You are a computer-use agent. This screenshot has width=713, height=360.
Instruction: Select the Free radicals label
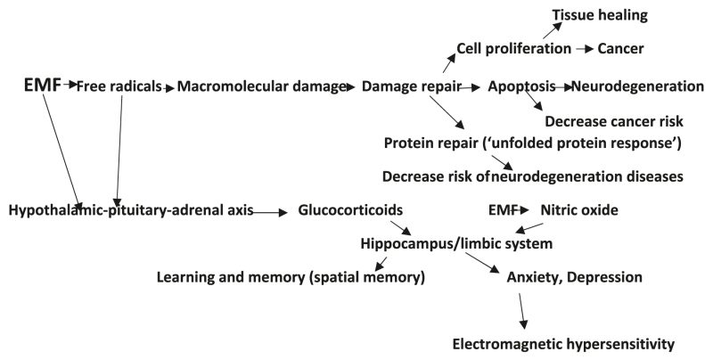119,87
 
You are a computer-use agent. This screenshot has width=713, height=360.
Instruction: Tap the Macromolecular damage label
261,87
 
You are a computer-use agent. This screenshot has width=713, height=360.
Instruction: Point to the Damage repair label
411,87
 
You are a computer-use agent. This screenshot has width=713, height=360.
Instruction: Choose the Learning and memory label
291,277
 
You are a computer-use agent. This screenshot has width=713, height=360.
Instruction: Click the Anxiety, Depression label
561,277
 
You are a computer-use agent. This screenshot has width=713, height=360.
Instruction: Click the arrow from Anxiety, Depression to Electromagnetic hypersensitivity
524,311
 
